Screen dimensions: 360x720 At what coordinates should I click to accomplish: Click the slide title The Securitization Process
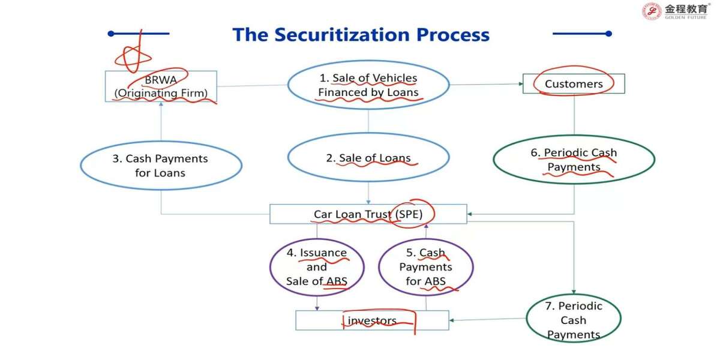click(x=361, y=34)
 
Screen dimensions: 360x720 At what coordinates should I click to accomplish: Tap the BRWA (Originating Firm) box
click(x=161, y=86)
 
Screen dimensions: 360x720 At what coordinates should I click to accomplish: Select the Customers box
click(x=574, y=84)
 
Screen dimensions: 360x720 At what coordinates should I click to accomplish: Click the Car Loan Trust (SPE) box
click(x=368, y=214)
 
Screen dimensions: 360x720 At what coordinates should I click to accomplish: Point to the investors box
click(x=372, y=320)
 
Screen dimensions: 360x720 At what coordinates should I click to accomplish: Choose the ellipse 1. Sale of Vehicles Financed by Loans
click(x=368, y=85)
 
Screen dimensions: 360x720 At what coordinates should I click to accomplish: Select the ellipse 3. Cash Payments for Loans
click(x=161, y=166)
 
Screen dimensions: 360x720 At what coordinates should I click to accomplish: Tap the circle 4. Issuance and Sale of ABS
click(x=317, y=267)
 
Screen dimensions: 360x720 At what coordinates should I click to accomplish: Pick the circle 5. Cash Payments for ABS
click(x=425, y=267)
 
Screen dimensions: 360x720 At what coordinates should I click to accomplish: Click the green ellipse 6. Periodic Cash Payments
click(x=574, y=160)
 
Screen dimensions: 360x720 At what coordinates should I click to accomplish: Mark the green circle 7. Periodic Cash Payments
click(x=573, y=320)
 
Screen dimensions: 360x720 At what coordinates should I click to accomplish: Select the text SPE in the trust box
click(x=411, y=214)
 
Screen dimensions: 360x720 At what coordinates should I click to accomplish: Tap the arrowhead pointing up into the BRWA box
click(x=161, y=104)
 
